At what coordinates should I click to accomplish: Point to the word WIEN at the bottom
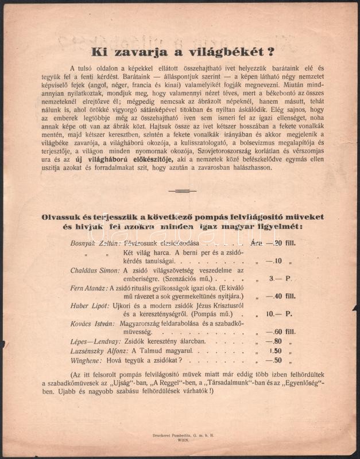point(179,441)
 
